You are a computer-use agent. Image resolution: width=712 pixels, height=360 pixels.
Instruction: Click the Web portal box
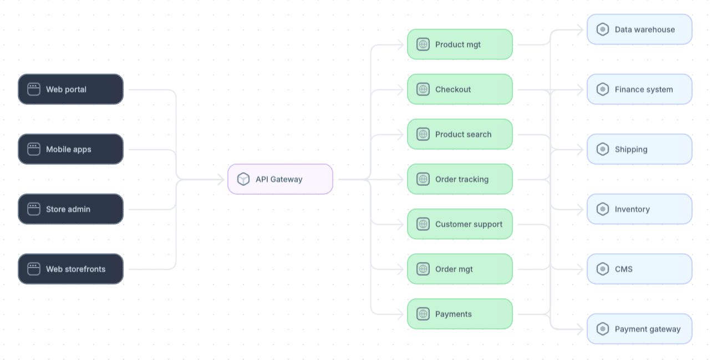point(70,89)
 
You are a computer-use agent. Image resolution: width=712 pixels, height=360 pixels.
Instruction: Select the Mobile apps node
point(70,149)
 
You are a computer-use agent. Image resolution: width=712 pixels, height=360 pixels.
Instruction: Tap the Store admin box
point(70,209)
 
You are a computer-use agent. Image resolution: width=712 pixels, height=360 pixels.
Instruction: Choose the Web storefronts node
point(70,269)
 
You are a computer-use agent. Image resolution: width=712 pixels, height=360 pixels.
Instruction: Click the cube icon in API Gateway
point(243,179)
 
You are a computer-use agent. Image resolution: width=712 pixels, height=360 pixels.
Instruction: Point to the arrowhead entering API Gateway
point(221,179)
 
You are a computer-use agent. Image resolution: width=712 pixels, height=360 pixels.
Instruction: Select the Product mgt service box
point(460,44)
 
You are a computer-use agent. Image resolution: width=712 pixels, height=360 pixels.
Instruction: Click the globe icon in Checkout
point(423,89)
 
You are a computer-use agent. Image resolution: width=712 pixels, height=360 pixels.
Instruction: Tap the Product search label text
point(463,135)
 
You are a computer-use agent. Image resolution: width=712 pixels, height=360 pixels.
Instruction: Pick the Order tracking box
point(460,179)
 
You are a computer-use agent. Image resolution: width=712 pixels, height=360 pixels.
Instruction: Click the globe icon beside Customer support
point(423,224)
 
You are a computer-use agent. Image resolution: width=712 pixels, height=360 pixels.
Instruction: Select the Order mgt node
point(460,269)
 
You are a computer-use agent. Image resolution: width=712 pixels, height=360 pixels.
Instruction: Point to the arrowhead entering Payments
point(401,314)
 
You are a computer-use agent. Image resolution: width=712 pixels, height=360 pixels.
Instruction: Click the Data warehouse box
point(639,29)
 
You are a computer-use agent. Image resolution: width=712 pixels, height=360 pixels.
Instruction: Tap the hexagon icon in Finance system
point(603,89)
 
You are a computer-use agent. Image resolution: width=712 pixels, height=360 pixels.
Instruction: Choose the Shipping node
point(639,149)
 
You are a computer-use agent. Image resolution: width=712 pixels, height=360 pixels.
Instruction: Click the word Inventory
point(632,209)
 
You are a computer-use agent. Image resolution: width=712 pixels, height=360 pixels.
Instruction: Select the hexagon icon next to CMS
point(603,269)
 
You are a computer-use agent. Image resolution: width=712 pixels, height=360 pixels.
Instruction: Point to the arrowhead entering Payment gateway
point(581,329)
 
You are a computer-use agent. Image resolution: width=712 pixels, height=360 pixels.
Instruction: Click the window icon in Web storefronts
point(34,269)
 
